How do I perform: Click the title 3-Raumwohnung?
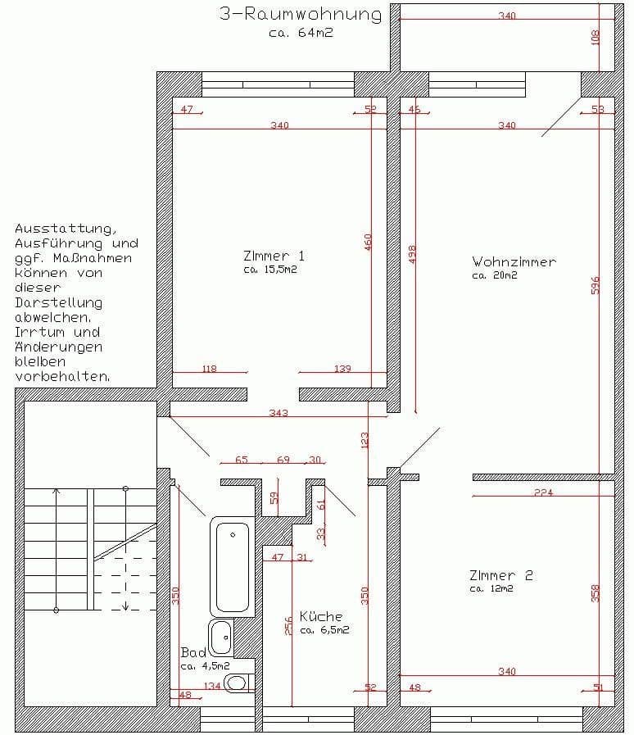(301, 14)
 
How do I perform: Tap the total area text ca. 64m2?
(301, 34)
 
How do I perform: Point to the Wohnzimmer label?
(514, 262)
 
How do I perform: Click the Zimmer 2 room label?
(501, 575)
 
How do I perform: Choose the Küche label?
(321, 617)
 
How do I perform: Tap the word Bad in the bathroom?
(192, 653)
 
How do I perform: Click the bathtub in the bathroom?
(233, 565)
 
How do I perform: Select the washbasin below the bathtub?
(220, 637)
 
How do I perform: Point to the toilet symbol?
(237, 682)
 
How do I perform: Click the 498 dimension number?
(412, 254)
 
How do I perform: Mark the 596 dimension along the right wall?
(596, 284)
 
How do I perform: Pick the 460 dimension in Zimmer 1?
(369, 243)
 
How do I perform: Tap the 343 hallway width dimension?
(279, 413)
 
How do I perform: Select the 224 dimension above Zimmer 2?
(543, 492)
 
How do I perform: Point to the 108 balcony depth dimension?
(596, 37)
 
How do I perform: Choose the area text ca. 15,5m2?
(269, 270)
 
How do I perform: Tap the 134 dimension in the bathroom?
(211, 686)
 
